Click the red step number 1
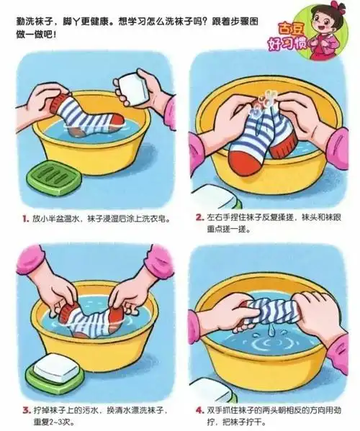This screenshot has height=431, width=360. tap(25, 217)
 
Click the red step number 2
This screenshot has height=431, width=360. tap(199, 217)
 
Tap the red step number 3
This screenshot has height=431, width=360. tap(25, 409)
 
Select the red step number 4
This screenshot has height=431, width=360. tap(199, 409)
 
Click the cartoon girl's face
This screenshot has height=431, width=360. tap(321, 21)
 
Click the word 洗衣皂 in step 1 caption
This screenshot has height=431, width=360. tap(153, 217)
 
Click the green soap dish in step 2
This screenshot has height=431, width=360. tap(220, 196)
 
